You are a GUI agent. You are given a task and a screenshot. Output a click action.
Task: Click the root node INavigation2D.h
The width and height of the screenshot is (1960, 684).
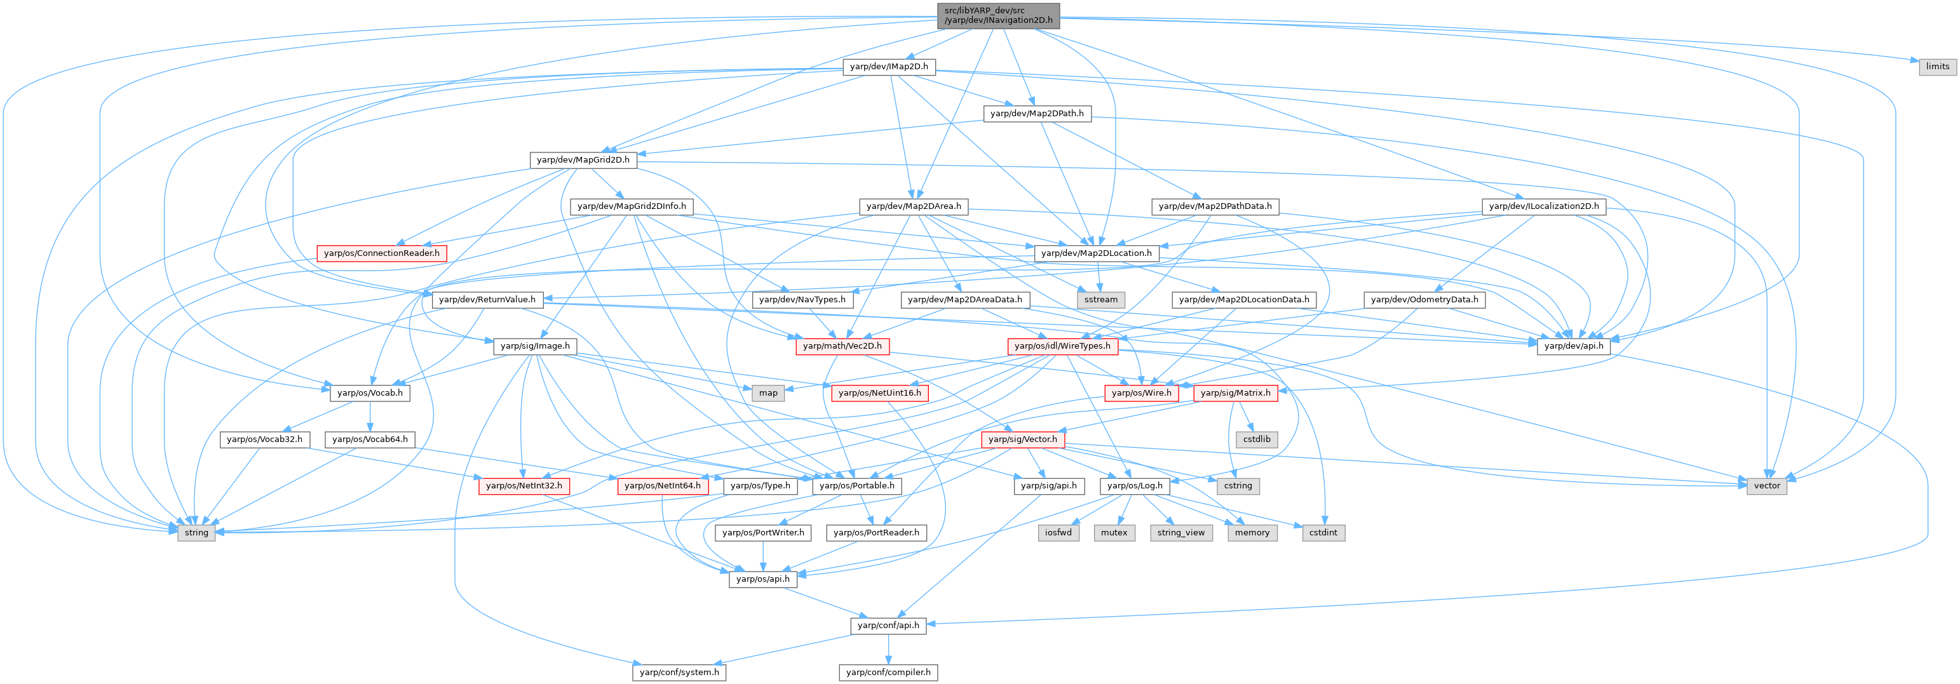coord(998,15)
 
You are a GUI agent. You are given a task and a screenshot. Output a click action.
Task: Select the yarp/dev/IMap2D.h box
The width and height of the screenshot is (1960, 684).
coord(889,67)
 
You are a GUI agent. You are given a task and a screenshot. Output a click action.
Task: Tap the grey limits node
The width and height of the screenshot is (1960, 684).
coord(1937,67)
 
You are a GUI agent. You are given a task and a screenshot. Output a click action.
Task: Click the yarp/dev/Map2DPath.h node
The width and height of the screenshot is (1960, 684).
coord(1036,114)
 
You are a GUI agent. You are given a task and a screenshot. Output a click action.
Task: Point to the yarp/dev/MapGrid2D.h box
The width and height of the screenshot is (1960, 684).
coord(583,160)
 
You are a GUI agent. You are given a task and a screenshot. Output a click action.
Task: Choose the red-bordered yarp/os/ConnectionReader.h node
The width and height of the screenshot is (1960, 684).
coord(381,253)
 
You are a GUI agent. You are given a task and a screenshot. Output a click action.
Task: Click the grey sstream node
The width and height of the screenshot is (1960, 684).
coord(1100,300)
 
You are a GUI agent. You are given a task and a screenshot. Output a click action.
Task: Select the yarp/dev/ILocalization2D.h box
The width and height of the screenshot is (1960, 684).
coord(1544,206)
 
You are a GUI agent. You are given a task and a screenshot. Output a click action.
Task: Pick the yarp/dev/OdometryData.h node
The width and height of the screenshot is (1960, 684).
coord(1424,300)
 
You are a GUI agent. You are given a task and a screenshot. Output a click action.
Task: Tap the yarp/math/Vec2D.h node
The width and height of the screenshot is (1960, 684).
coord(842,346)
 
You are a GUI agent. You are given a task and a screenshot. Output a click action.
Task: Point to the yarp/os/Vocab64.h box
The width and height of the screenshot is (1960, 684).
coord(370,439)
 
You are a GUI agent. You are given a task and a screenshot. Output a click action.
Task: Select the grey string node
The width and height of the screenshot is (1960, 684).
coord(196,533)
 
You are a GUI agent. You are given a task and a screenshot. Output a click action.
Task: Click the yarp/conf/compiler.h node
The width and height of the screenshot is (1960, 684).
coord(888,673)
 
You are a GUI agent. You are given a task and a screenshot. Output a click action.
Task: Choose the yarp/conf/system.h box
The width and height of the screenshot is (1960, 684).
coord(679,673)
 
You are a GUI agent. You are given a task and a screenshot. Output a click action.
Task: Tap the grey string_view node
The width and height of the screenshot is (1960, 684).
coord(1181,533)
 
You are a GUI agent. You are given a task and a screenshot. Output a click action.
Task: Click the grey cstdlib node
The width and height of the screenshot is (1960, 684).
coord(1257,439)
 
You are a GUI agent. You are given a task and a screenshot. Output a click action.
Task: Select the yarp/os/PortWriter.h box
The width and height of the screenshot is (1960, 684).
coord(763,533)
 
